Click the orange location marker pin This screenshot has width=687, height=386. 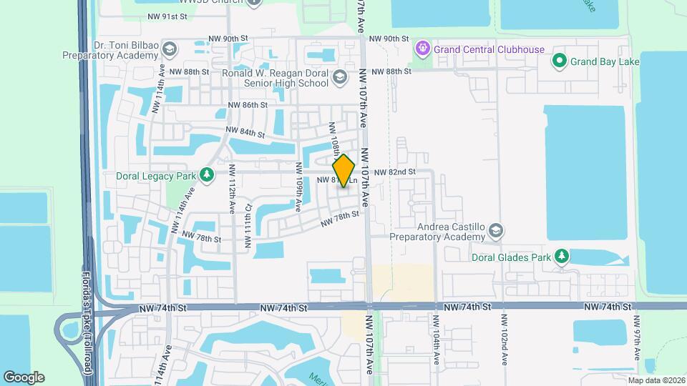click(344, 170)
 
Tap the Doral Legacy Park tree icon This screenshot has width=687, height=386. click(207, 175)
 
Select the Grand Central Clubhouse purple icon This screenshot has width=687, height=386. click(423, 49)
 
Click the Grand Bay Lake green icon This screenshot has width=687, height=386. click(559, 61)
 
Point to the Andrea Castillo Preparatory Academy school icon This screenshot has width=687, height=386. click(496, 231)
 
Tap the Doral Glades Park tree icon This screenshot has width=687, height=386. click(562, 256)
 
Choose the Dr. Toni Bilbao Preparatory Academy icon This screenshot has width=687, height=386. click(170, 49)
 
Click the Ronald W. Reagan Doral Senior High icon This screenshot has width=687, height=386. click(340, 78)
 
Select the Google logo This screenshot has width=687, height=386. click(24, 377)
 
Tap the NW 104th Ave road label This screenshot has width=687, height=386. click(436, 340)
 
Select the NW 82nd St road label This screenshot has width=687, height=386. click(394, 172)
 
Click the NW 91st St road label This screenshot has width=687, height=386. click(167, 15)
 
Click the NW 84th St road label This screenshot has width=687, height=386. click(245, 132)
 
